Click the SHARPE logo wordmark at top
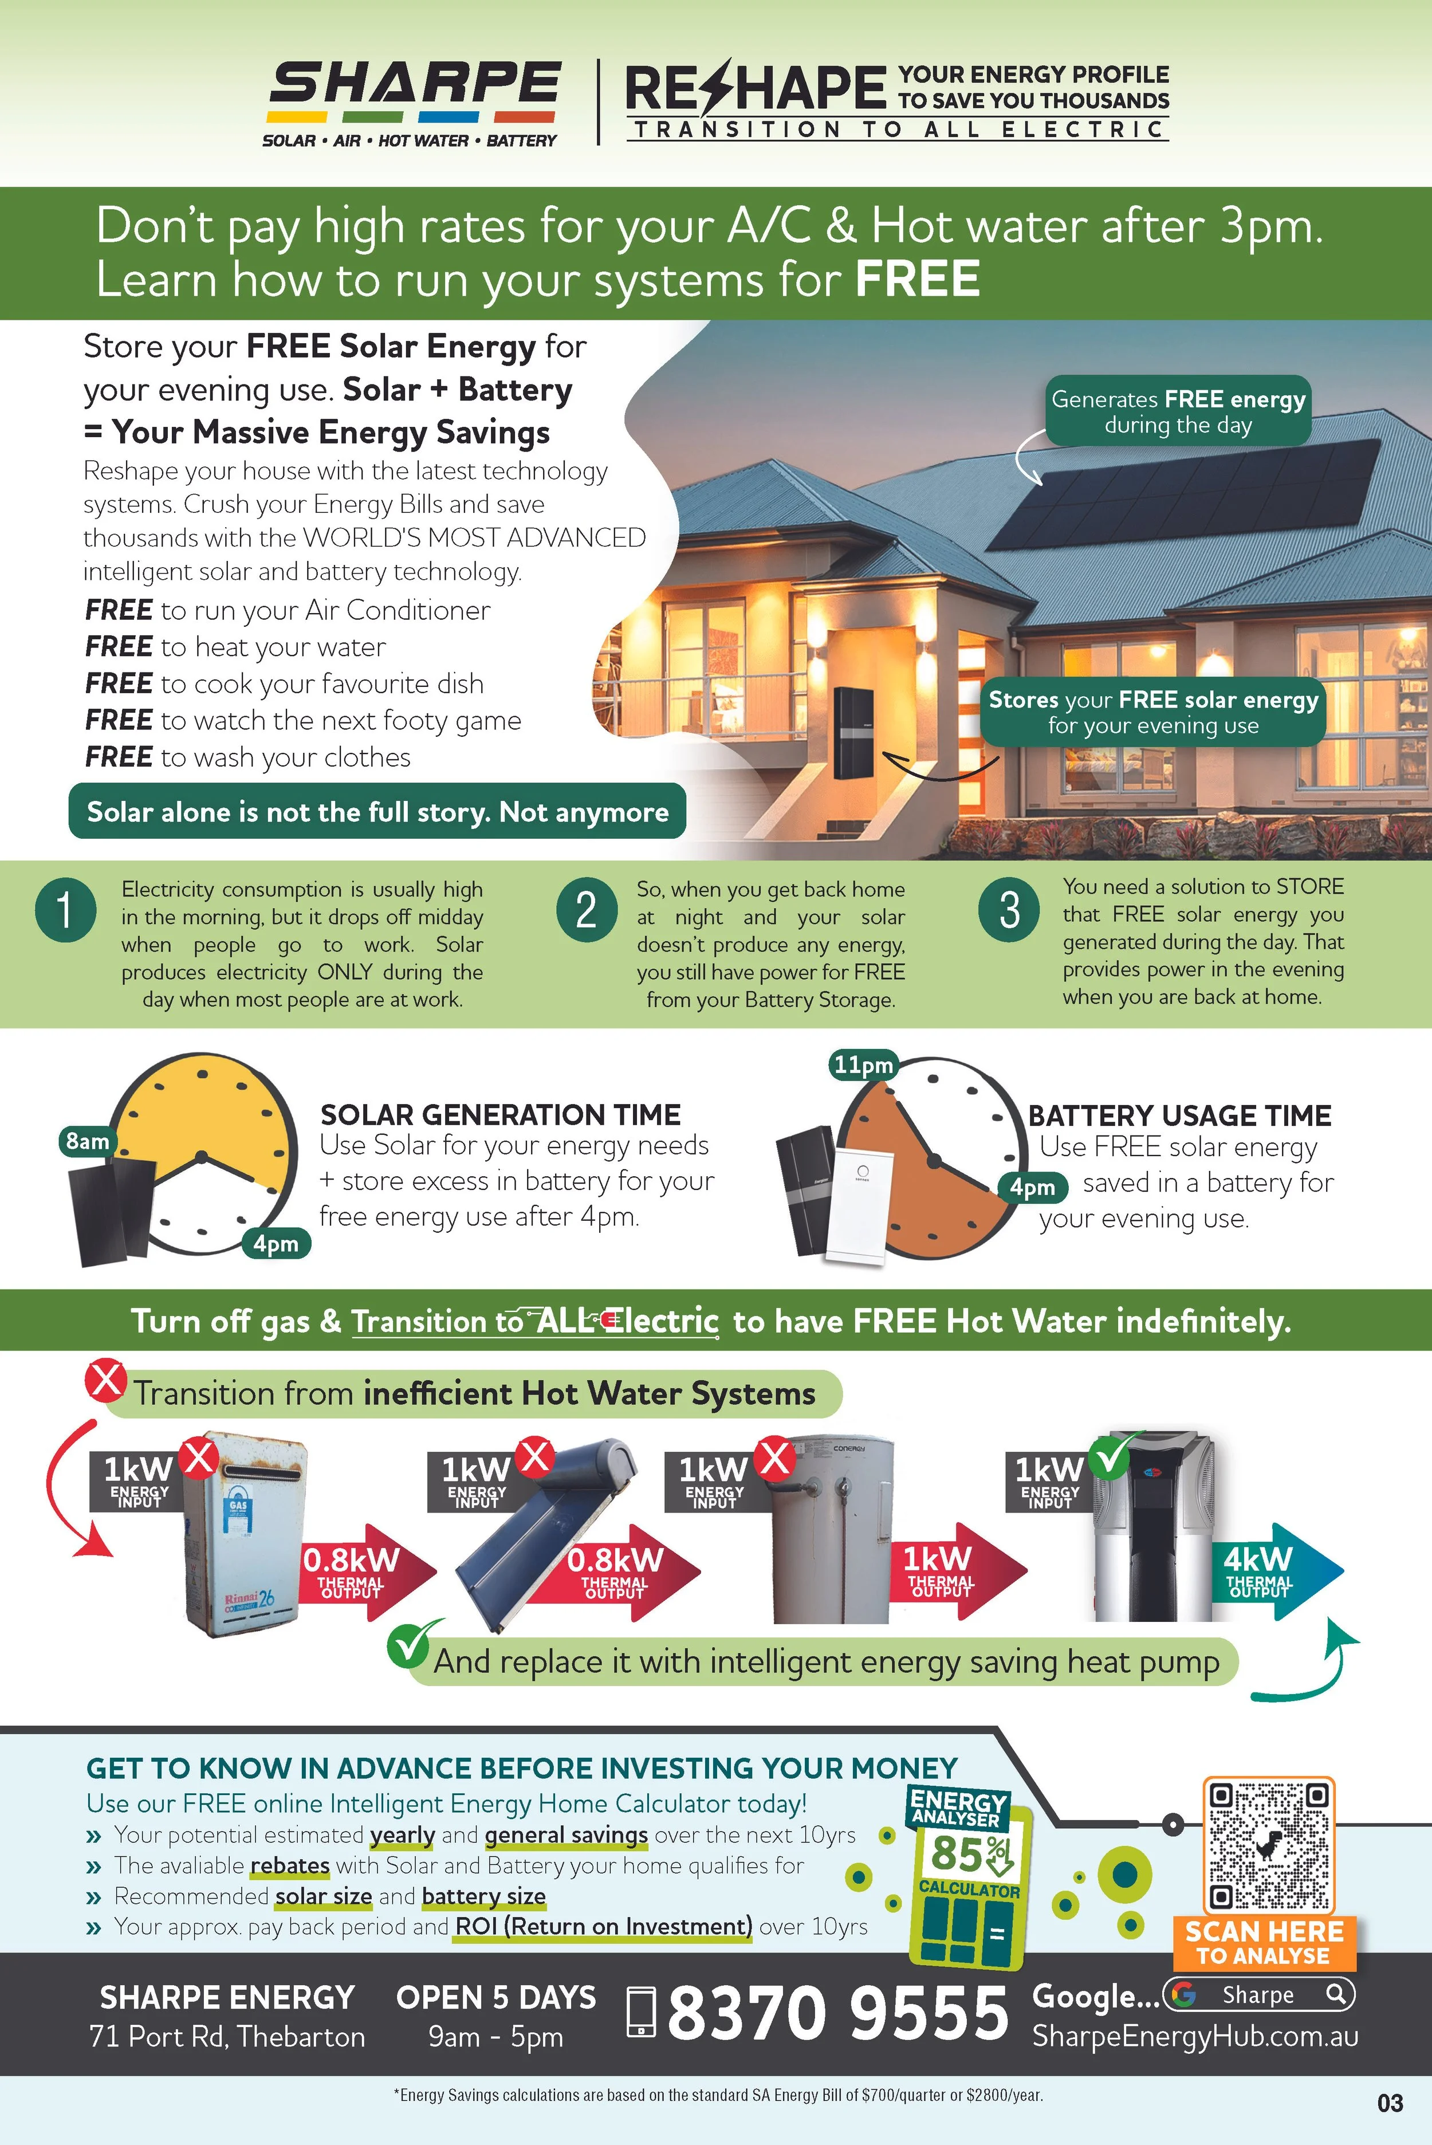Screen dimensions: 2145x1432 (414, 84)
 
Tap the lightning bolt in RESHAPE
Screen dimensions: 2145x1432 (719, 88)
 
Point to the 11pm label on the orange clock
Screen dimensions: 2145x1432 (862, 1064)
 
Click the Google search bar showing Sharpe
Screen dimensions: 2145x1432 (1258, 1994)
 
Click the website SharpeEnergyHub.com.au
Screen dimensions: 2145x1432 (1194, 2036)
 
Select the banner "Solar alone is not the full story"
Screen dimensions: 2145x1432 (377, 811)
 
